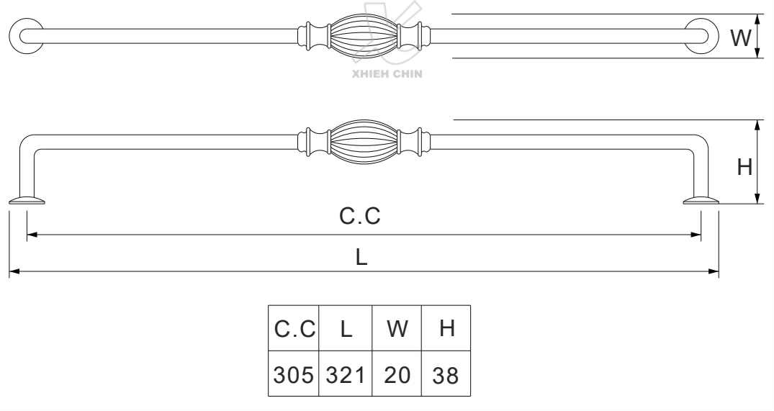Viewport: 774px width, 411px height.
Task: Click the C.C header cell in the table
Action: (294, 329)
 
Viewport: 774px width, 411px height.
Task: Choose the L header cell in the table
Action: (346, 329)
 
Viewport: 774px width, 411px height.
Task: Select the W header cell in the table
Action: (397, 329)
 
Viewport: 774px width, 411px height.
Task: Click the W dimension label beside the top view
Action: (740, 37)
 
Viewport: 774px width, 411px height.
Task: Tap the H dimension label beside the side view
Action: (744, 167)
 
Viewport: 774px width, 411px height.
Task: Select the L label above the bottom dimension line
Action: (362, 258)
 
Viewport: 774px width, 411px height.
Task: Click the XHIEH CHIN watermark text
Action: (386, 73)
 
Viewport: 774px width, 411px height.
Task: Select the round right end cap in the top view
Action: (701, 36)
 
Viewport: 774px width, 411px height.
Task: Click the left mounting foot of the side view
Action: (27, 200)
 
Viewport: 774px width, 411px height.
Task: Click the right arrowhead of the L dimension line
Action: (714, 272)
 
